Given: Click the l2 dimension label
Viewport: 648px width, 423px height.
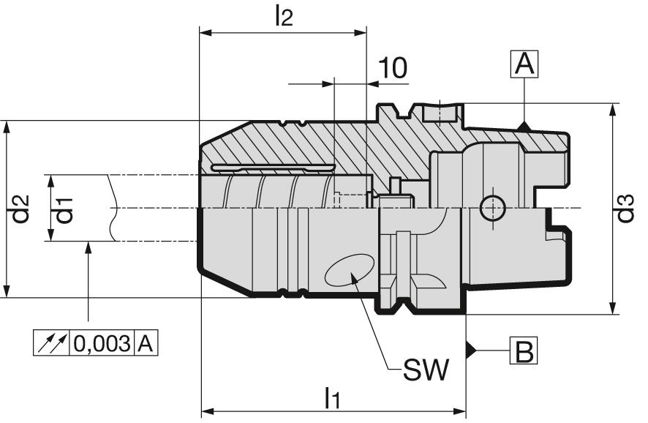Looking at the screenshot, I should pos(283,16).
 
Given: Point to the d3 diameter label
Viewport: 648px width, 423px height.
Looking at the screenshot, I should pos(625,209).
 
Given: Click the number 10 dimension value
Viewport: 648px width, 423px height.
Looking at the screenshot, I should pos(393,68).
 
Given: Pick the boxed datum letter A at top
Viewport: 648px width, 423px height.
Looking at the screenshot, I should pos(524,64).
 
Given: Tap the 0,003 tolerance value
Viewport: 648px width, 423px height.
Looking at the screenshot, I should pos(102,342).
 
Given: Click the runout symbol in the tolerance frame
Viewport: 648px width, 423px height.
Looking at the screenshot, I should pos(51,342).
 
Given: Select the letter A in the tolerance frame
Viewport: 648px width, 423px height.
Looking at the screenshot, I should pos(146,342).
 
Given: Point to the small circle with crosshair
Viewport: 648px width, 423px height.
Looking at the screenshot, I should pos(492,209).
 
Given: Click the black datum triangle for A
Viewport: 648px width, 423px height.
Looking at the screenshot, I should pos(524,127).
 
